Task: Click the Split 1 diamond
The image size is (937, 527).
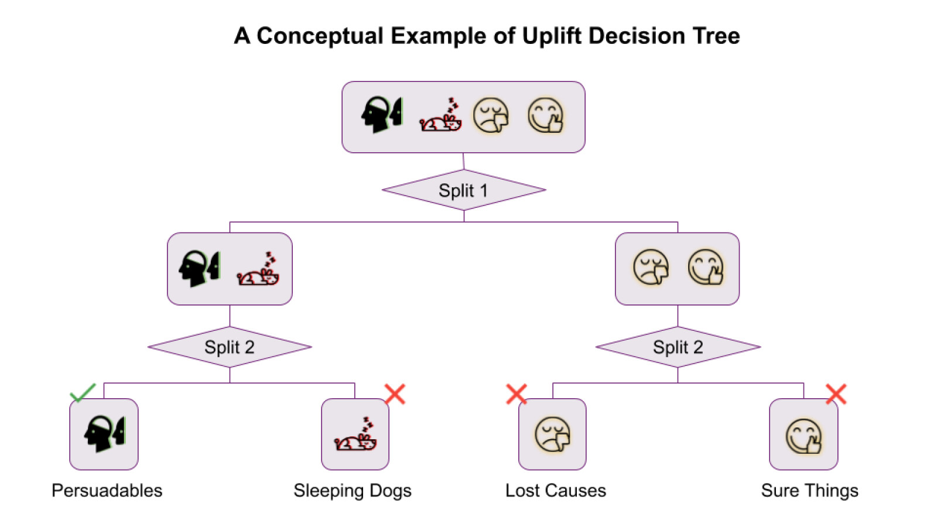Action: click(463, 190)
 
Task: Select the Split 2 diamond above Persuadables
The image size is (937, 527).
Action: click(230, 347)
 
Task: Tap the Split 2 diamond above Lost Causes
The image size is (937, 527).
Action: click(678, 347)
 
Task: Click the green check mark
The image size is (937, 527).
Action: click(83, 392)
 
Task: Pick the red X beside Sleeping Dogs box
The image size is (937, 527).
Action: click(395, 394)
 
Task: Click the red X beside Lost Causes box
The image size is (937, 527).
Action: click(516, 394)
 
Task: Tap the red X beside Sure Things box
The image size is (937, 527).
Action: click(836, 394)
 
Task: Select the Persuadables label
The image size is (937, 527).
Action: click(107, 491)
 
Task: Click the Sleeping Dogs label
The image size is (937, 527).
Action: click(352, 491)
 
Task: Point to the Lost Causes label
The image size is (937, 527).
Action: click(555, 491)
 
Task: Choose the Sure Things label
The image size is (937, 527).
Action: click(809, 491)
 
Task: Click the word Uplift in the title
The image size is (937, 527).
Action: click(552, 36)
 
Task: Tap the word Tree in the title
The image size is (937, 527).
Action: click(716, 36)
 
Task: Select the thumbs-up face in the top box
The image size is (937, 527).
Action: click(545, 115)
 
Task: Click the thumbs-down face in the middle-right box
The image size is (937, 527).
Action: click(651, 268)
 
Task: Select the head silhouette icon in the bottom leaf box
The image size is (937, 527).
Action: click(104, 434)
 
